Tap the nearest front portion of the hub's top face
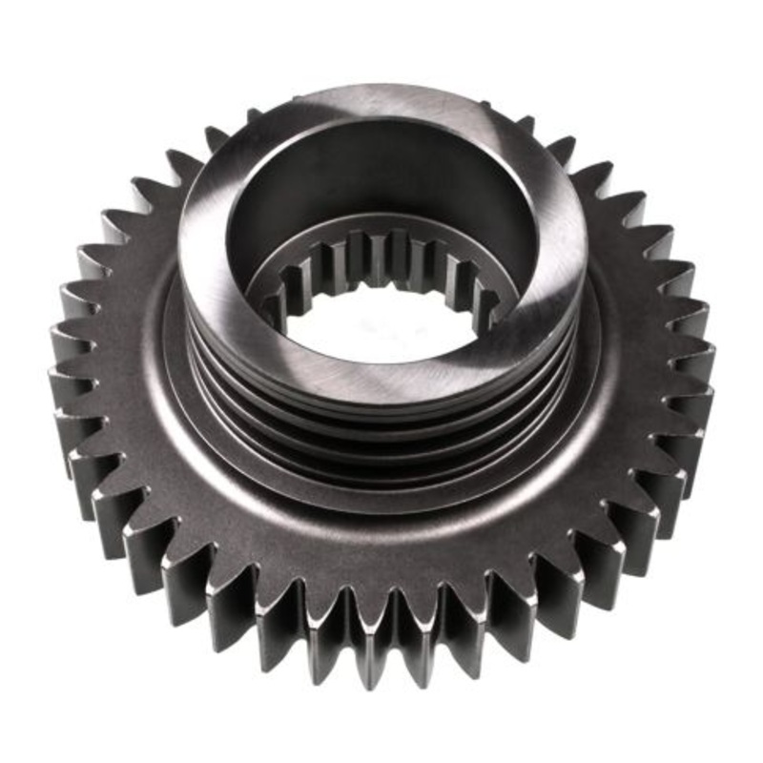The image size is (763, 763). (x=381, y=377)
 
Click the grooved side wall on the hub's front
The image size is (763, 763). (x=381, y=420)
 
